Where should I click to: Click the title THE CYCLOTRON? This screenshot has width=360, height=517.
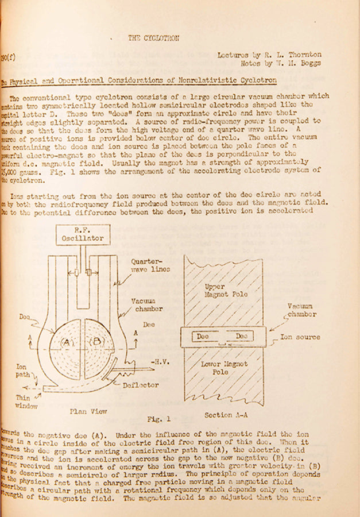(153, 38)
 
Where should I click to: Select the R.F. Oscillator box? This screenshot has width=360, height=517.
(84, 234)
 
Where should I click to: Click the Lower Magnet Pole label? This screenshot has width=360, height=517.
(224, 368)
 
